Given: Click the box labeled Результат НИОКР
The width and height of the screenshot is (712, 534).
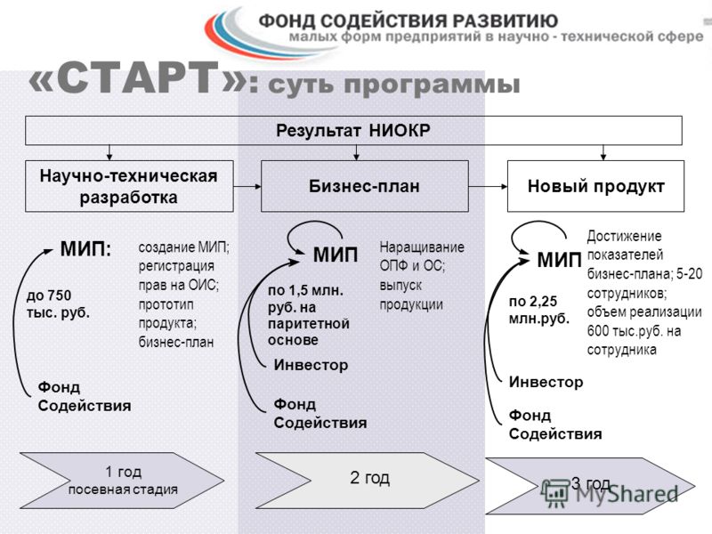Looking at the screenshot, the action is point(353,130).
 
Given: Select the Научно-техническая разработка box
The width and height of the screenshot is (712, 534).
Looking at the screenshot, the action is point(129,186).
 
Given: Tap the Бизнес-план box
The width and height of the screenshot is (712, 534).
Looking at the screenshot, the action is point(365,186).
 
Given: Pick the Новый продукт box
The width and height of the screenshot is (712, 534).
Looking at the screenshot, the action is point(595,186).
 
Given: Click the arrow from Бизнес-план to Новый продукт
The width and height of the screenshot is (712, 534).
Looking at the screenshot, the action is point(488,186).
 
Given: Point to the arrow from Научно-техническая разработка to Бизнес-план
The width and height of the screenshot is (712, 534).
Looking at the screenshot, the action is point(247,186).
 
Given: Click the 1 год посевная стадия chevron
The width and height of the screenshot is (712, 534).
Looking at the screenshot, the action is point(122,481).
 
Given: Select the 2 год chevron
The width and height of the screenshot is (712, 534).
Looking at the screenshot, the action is point(368,481).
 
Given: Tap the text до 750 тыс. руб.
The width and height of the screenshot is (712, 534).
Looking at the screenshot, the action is point(58,304).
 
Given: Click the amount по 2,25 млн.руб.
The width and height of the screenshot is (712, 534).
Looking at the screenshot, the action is point(539,310).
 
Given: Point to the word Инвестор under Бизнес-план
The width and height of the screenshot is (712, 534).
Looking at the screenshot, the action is point(311,365).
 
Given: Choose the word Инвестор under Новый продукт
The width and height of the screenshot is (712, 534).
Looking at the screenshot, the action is point(546,382).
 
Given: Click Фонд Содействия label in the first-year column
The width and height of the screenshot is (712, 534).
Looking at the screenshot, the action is point(85,396).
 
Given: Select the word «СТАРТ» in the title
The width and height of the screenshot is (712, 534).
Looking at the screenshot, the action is point(138,78).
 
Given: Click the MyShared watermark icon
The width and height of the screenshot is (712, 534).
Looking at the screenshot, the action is point(554,493).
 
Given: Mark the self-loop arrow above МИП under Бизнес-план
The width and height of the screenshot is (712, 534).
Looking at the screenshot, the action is point(314,222).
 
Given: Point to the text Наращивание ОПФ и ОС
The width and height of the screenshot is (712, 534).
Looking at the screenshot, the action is point(422,256).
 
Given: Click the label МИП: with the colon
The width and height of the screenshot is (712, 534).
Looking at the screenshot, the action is point(85,249).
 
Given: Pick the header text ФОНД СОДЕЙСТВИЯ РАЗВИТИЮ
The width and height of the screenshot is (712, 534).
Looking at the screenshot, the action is point(409,20).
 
